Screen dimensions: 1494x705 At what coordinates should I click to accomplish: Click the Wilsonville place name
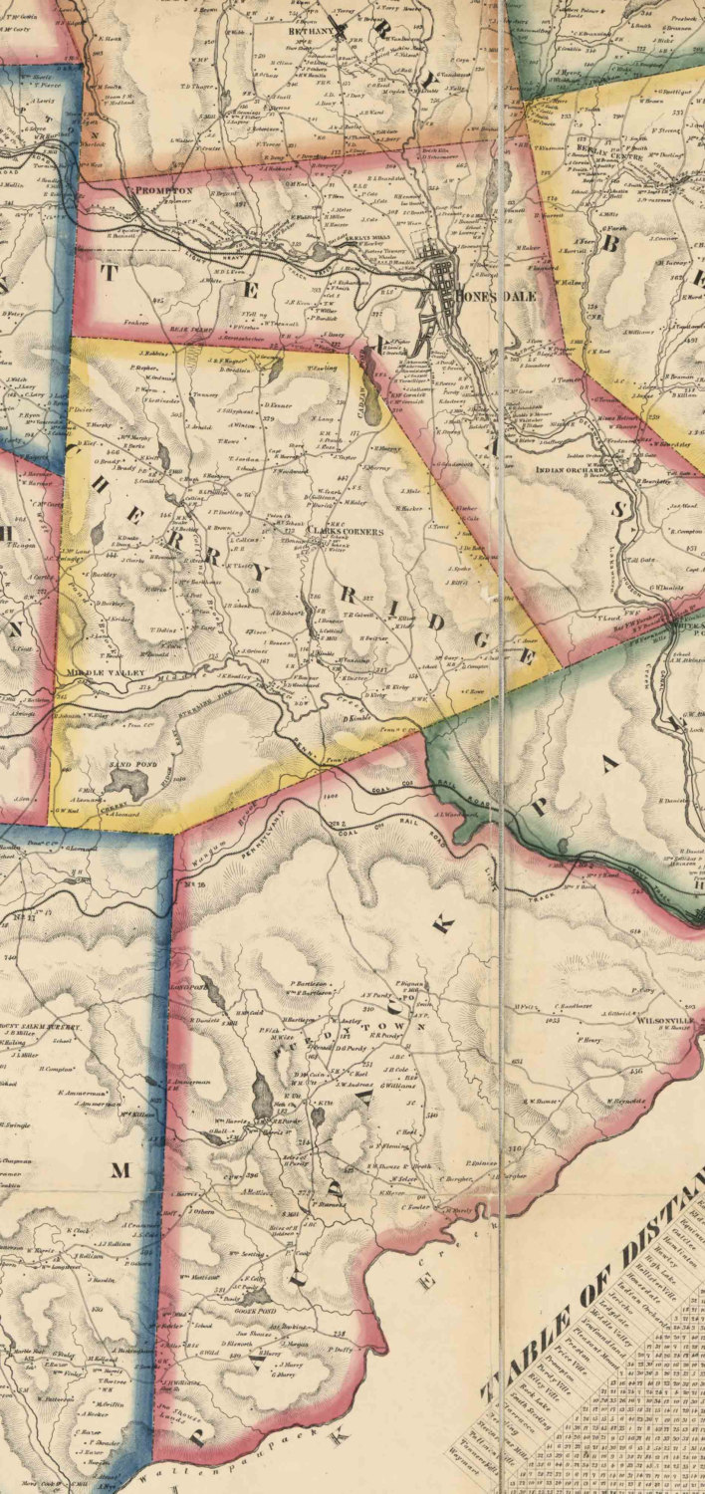656,1021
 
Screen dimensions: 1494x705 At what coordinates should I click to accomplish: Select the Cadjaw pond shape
370,406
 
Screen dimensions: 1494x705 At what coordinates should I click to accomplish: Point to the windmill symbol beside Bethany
344,30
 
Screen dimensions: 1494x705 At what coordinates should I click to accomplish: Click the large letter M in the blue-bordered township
119,1170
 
